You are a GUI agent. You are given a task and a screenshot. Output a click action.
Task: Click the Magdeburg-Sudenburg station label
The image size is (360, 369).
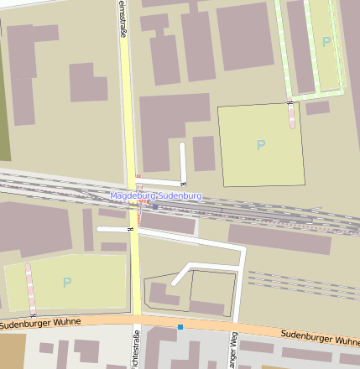tap(156, 195)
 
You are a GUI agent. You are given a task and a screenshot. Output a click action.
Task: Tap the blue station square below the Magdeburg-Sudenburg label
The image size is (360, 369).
tap(155, 206)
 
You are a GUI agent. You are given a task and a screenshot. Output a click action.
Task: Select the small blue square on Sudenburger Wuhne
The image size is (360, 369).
tap(180, 326)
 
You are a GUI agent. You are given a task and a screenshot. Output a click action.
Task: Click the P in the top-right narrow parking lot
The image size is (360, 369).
tap(326, 41)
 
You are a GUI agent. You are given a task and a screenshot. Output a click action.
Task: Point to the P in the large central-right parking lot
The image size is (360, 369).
tap(261, 145)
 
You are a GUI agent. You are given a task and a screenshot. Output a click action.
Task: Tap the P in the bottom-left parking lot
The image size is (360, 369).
tap(67, 283)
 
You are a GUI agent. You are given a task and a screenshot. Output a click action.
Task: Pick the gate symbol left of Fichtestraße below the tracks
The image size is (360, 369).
tap(130, 228)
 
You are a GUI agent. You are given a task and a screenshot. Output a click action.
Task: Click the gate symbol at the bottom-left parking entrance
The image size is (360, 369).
tap(33, 314)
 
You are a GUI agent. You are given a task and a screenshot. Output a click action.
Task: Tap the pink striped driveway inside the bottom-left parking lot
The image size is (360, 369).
tap(30, 285)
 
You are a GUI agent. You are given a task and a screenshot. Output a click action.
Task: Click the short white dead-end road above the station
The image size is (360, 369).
tap(183, 161)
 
